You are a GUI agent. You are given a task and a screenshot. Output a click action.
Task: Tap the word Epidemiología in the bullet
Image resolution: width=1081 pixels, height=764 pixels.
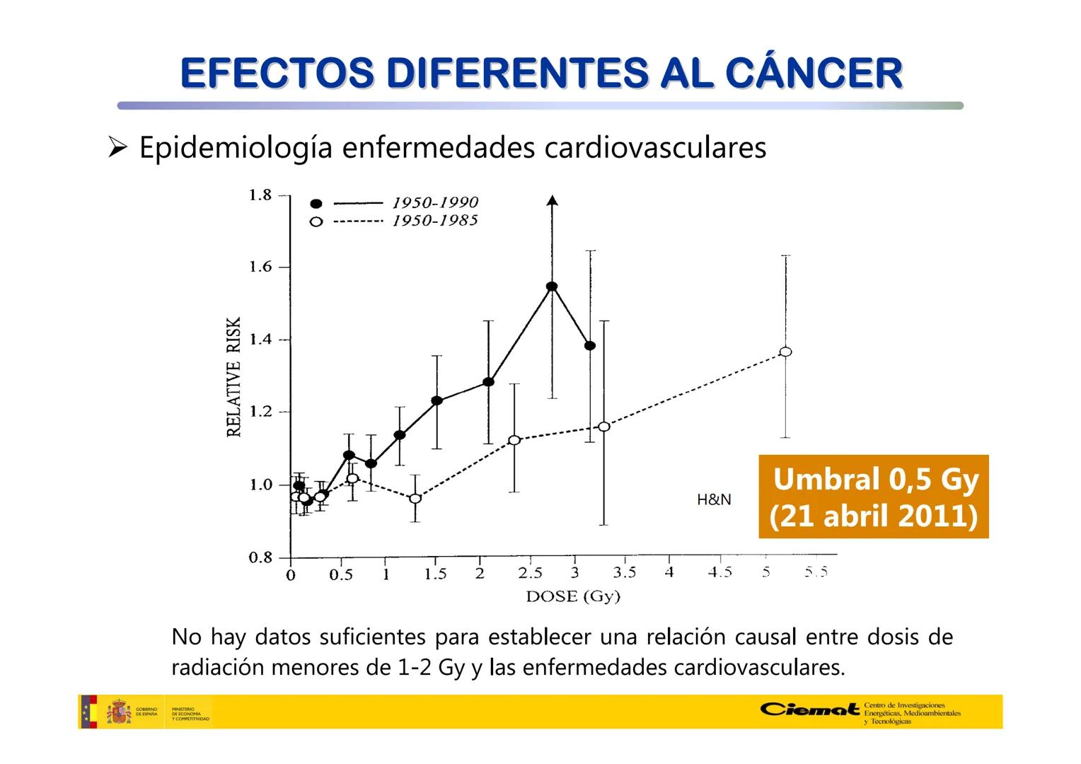click(x=236, y=148)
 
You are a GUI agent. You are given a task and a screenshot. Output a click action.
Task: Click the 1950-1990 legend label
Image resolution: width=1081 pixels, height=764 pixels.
click(x=435, y=203)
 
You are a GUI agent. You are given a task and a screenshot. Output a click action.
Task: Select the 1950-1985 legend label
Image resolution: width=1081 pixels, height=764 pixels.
click(x=435, y=221)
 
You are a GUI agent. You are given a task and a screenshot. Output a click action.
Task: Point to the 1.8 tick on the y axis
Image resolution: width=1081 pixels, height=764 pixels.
click(x=260, y=195)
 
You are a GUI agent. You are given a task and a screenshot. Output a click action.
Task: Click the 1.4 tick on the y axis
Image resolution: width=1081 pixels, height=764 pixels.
click(x=260, y=340)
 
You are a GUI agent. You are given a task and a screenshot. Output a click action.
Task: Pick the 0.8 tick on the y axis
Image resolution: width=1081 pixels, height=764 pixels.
click(x=260, y=557)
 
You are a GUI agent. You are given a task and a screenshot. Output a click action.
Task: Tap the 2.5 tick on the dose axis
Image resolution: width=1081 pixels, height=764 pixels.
click(x=530, y=573)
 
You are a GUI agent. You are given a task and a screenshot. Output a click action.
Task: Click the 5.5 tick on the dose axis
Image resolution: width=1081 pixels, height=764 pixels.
click(x=816, y=572)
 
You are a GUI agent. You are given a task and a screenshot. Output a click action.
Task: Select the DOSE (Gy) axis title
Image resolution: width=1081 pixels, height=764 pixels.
click(x=573, y=596)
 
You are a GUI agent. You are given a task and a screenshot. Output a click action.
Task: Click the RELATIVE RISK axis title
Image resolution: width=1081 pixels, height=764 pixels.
click(x=234, y=376)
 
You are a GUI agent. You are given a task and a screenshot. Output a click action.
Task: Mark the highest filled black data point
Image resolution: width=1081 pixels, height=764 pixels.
click(x=552, y=286)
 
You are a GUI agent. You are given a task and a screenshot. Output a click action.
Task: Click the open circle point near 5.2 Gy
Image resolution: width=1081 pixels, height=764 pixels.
click(x=785, y=352)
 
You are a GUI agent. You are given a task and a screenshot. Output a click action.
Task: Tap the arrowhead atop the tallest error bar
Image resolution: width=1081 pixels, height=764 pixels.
click(x=553, y=200)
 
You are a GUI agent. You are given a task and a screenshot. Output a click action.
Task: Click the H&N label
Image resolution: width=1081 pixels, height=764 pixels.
click(x=714, y=499)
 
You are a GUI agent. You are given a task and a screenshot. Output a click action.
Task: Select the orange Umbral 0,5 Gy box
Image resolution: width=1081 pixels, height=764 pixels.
click(x=873, y=497)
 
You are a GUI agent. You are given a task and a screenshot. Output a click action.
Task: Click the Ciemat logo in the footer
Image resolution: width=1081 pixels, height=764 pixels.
click(x=811, y=709)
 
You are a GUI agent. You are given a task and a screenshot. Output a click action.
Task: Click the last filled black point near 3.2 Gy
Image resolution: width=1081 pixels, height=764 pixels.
click(x=590, y=345)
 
